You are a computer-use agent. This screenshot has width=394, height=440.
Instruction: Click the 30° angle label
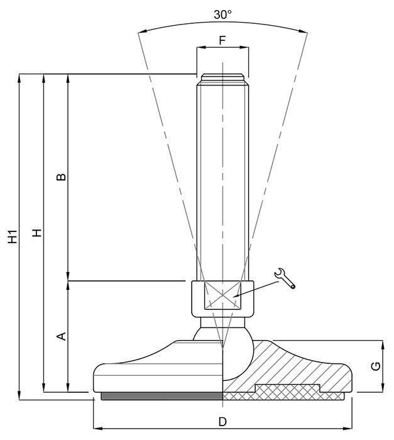(222, 14)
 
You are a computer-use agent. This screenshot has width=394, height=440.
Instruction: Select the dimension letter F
(222, 40)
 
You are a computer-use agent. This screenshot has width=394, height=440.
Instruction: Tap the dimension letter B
(61, 177)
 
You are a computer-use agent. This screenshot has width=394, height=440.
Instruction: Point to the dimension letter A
(62, 336)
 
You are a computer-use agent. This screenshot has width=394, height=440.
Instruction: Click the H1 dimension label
(13, 236)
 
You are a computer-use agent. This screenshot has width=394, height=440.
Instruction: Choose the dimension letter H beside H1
(37, 233)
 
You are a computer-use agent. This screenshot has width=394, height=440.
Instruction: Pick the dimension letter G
(376, 366)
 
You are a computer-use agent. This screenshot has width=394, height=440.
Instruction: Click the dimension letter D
(222, 422)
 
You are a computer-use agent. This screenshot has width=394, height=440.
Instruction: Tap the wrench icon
(285, 278)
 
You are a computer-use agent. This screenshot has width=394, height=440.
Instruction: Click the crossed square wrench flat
(222, 295)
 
